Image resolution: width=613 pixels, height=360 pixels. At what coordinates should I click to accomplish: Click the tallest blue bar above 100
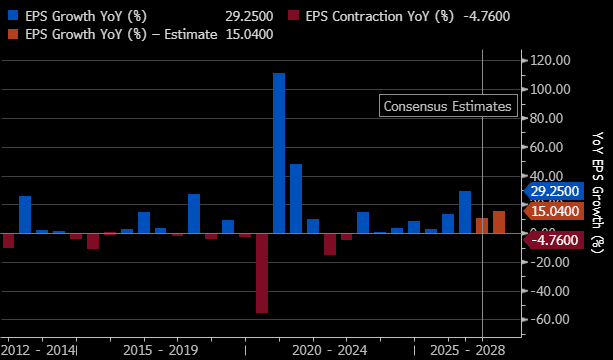click(279, 153)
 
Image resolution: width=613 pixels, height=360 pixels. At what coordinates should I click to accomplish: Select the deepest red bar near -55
click(262, 273)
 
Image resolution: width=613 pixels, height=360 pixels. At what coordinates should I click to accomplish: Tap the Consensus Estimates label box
click(448, 106)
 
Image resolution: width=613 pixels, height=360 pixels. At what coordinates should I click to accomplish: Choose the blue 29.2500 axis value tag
click(554, 192)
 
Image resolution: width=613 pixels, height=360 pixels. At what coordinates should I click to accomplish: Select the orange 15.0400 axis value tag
click(554, 211)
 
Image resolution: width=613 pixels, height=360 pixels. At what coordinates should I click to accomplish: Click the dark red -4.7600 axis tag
click(554, 240)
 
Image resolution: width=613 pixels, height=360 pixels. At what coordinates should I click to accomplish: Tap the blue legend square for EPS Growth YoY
click(12, 16)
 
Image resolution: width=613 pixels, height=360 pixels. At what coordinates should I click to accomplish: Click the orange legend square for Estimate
click(12, 34)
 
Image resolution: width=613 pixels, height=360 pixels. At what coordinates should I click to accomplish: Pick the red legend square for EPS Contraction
click(293, 16)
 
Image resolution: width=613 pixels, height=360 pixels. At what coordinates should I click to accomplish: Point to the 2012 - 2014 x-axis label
click(38, 350)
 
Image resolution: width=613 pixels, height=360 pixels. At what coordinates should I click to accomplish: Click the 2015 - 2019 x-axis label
click(161, 350)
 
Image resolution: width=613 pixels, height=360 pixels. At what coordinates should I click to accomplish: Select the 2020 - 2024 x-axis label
click(330, 350)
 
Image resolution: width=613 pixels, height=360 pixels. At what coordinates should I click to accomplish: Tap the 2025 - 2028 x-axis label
click(468, 350)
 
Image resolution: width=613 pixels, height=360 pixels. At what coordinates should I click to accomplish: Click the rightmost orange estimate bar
click(499, 222)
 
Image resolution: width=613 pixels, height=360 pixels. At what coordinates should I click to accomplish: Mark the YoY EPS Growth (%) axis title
click(598, 192)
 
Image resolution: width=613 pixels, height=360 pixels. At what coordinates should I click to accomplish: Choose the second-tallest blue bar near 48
click(296, 199)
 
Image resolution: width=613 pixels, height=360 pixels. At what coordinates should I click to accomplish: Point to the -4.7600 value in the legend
click(486, 16)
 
